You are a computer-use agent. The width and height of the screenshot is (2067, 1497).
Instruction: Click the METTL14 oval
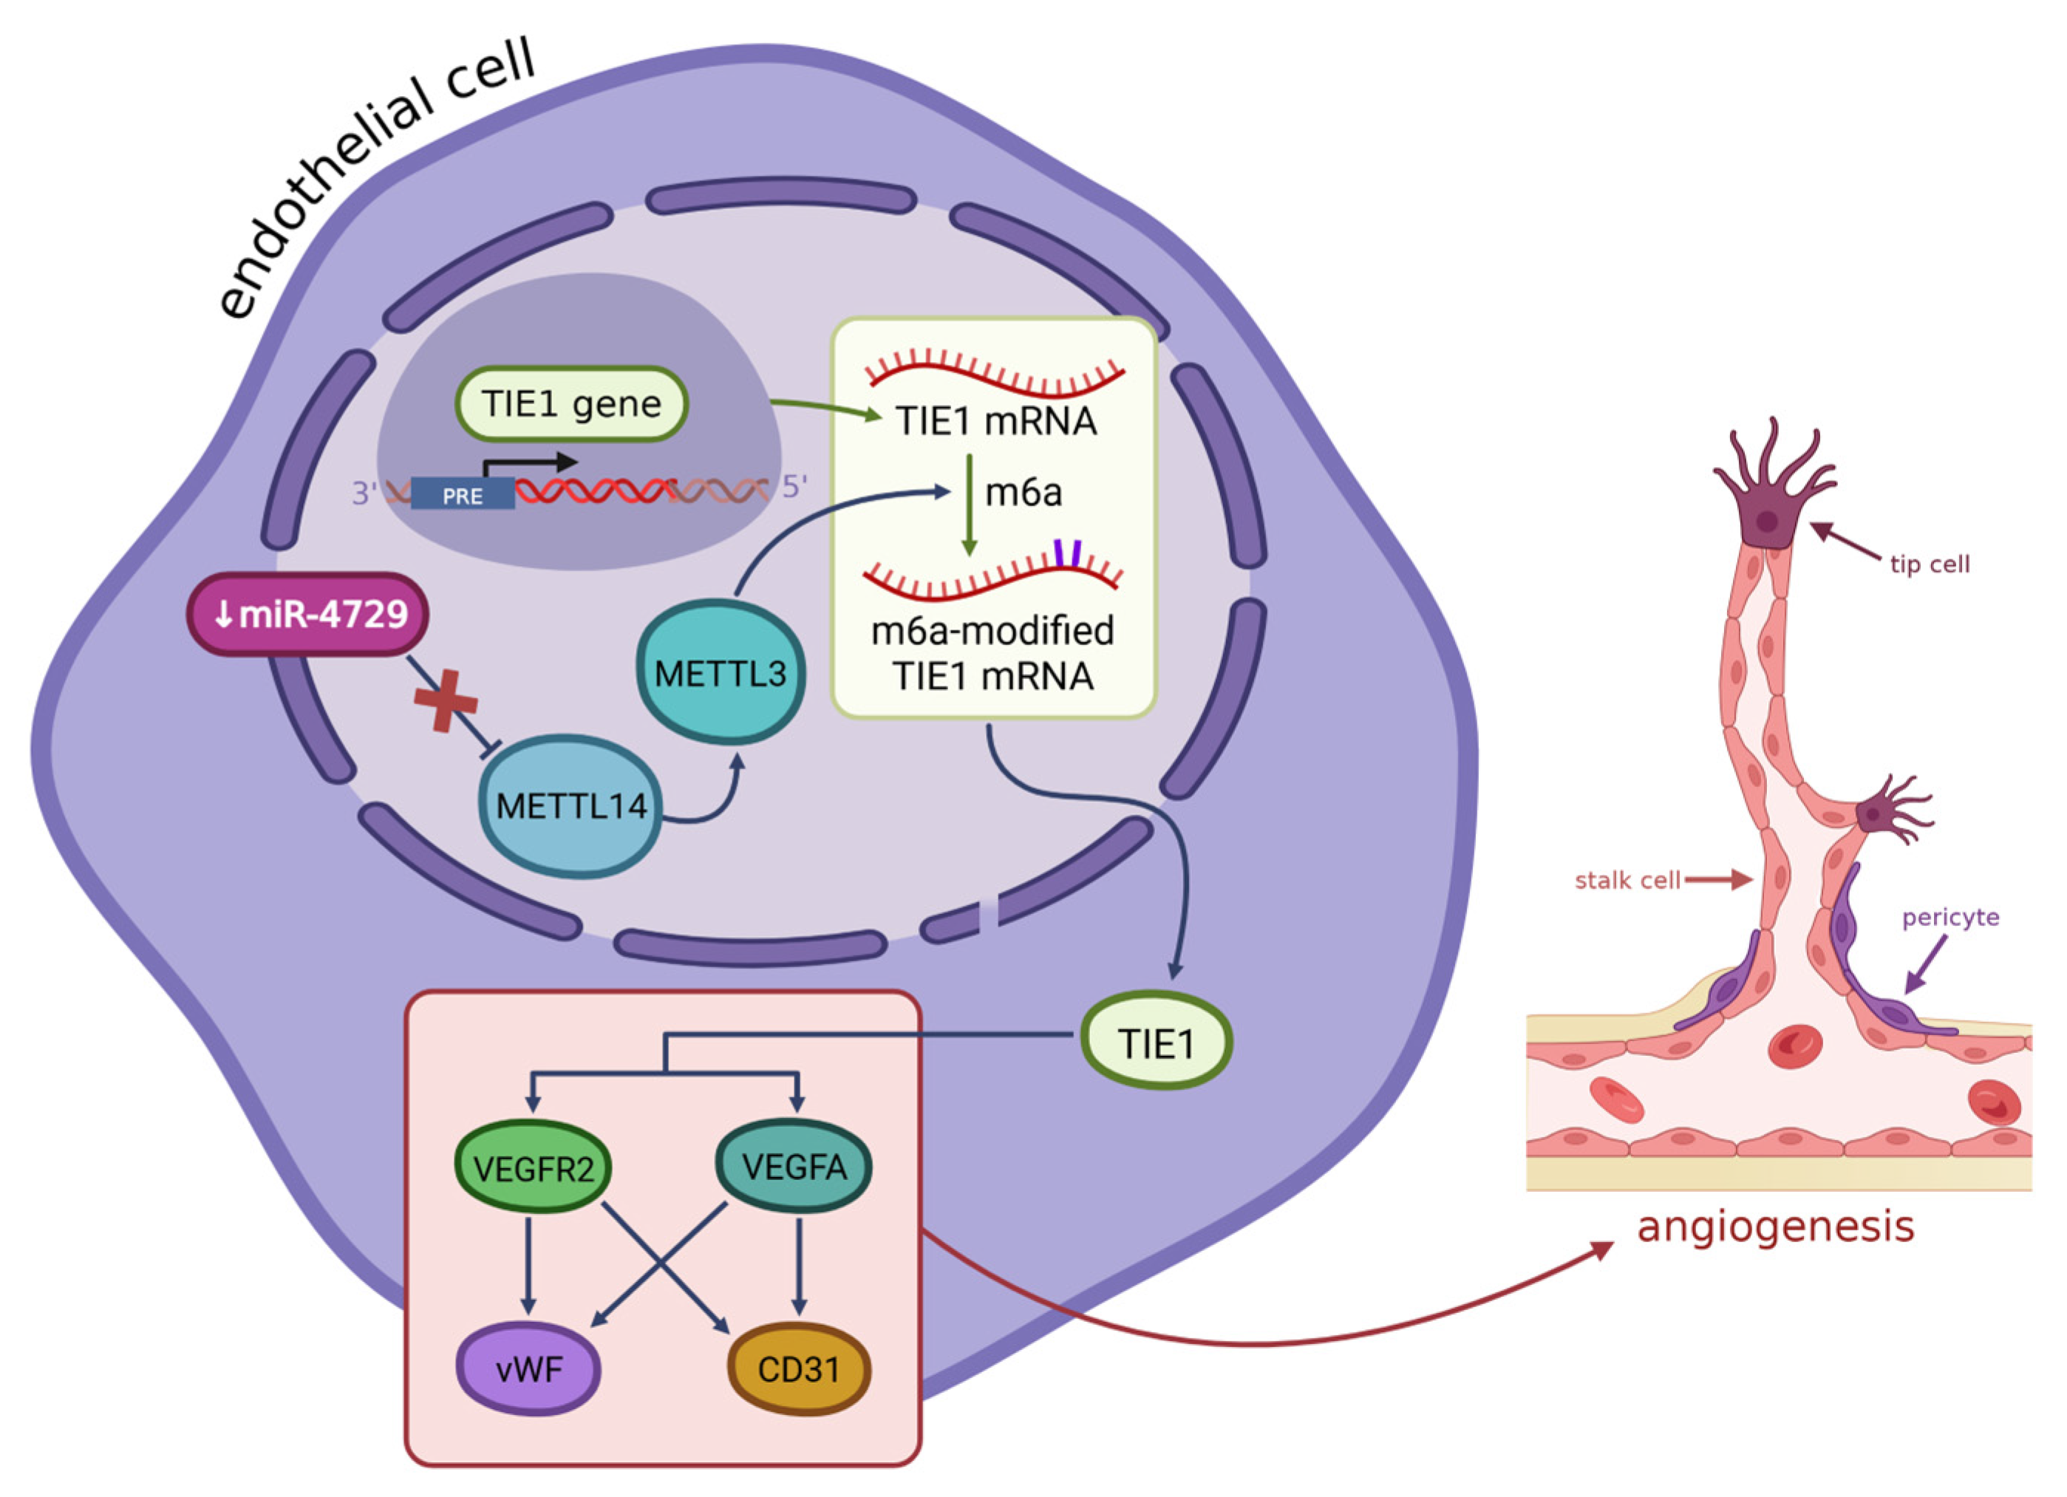[x=570, y=805]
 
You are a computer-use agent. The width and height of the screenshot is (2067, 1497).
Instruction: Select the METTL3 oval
[x=720, y=673]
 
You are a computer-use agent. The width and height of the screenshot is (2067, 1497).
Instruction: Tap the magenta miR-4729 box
[x=309, y=614]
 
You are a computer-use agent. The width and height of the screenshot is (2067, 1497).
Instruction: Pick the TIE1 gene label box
[x=571, y=403]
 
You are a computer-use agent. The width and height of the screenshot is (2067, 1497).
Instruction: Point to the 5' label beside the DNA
[x=794, y=486]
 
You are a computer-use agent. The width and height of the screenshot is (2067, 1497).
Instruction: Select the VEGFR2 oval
[x=533, y=1168]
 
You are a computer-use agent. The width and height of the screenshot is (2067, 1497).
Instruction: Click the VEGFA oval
[x=794, y=1166]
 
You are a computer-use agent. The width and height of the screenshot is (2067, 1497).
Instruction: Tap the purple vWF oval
[x=528, y=1368]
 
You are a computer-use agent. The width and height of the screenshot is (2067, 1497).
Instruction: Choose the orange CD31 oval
[x=798, y=1368]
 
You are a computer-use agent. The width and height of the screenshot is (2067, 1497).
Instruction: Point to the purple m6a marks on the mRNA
[x=1068, y=552]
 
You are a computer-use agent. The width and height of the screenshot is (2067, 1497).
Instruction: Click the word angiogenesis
[x=1775, y=1227]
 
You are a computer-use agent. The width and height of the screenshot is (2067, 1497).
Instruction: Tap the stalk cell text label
[x=1627, y=880]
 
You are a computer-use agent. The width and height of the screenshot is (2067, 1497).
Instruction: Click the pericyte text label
[x=1949, y=917]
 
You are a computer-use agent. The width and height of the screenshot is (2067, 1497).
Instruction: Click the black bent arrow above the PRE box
[x=528, y=464]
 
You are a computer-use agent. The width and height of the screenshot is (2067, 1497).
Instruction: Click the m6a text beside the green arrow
[x=1024, y=492]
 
